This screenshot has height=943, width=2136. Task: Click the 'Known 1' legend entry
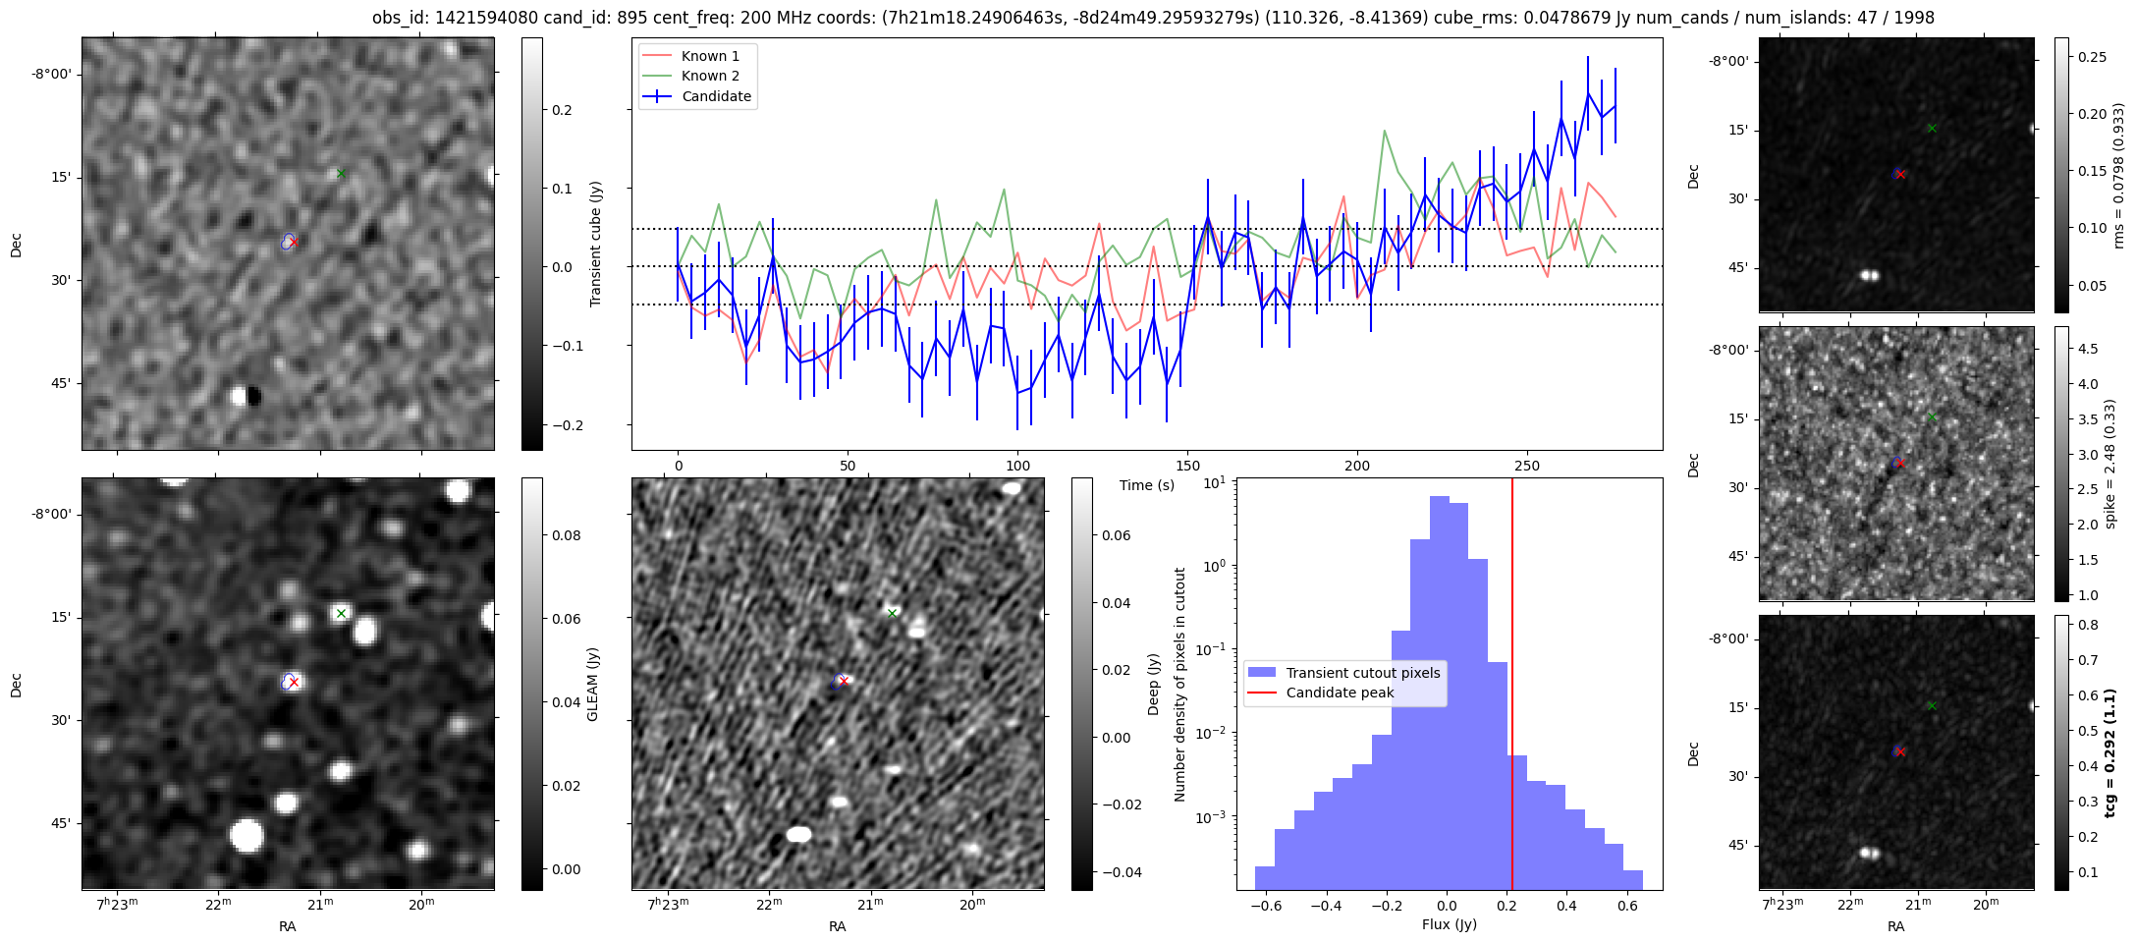pos(710,56)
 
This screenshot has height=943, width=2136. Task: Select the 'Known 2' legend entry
pos(710,76)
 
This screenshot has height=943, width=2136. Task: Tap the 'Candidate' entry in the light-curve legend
pos(716,96)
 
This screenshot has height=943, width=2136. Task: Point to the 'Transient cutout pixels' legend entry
pos(1362,673)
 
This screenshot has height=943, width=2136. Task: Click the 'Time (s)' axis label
pos(1147,485)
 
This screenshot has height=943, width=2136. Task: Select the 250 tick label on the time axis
pos(1527,466)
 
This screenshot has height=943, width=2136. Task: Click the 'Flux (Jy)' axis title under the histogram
pos(1449,924)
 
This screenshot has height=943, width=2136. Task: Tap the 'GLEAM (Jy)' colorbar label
pos(592,684)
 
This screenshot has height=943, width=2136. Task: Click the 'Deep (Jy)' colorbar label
pos(1154,684)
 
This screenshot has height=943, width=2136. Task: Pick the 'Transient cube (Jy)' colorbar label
pos(595,244)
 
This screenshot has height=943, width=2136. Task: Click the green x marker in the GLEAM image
pos(341,614)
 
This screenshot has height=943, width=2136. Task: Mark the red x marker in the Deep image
pos(844,681)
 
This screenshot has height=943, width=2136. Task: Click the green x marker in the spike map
pos(1932,416)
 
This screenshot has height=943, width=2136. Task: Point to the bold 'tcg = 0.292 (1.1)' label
pos(2112,752)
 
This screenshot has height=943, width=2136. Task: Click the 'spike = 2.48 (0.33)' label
pos(2110,464)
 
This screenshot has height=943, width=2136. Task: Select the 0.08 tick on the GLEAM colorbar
pos(566,535)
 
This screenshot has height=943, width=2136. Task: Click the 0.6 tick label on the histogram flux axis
pos(1627,905)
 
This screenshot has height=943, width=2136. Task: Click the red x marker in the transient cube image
pos(293,242)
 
